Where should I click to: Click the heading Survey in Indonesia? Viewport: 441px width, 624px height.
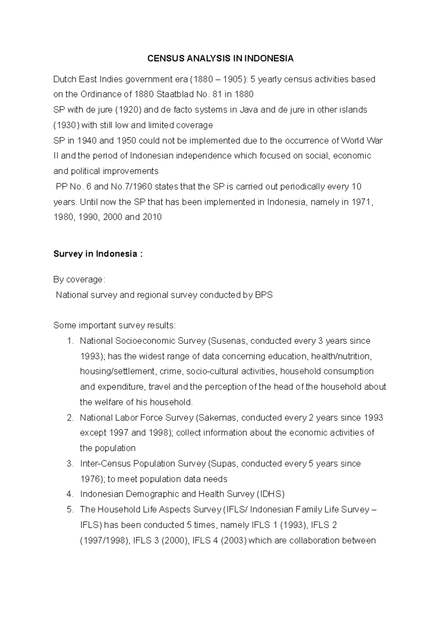point(97,254)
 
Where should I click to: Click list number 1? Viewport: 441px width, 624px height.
point(70,341)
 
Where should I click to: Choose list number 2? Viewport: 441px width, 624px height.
point(70,418)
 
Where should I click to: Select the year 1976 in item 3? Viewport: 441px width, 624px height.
point(90,479)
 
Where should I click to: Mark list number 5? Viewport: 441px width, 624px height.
point(70,510)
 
